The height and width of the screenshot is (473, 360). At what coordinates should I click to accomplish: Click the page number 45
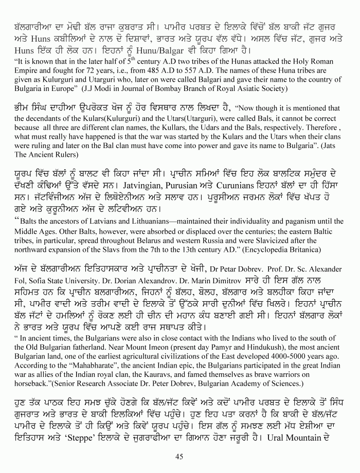(179, 455)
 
